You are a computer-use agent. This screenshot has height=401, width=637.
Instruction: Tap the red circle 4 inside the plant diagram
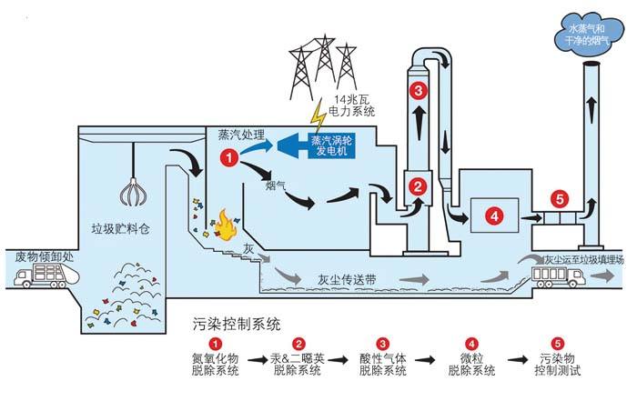tap(492, 216)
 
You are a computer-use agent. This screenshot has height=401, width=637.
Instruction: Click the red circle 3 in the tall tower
tap(418, 91)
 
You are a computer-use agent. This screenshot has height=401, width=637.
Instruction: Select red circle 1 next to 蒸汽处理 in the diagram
tap(229, 157)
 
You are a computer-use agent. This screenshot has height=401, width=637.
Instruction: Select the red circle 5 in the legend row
tap(557, 343)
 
